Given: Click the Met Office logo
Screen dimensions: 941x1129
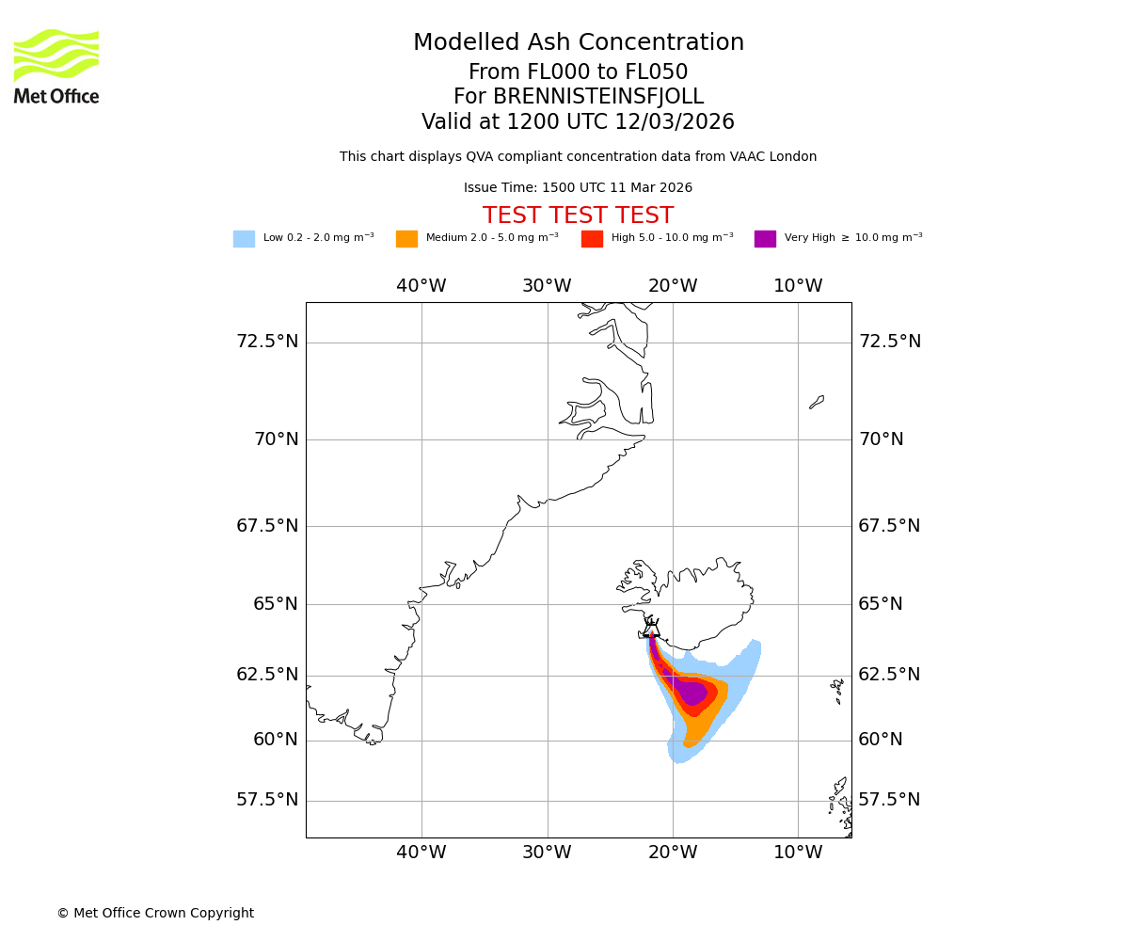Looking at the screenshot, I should [56, 66].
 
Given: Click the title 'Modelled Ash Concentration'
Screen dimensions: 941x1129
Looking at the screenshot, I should [578, 43].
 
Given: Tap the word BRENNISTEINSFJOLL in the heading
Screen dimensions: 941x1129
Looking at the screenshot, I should [598, 97].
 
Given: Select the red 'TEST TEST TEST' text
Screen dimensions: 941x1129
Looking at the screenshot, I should [578, 215].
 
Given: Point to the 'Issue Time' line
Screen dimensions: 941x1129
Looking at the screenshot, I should [578, 188].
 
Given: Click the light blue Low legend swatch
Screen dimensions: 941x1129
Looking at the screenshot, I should [244, 239].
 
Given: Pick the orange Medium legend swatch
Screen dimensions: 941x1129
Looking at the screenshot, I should [406, 239].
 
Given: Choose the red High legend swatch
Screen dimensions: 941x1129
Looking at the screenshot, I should [592, 239].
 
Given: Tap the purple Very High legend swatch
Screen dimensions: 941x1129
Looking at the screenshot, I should [765, 239].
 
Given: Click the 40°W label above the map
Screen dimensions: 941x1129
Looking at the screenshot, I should [421, 286].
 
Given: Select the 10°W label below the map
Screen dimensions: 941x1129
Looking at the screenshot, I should [798, 853].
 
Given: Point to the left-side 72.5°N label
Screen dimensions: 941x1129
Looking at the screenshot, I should [267, 341].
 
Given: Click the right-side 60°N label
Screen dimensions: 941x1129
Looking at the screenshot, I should [881, 740].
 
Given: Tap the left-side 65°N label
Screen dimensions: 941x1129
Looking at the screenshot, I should [275, 603].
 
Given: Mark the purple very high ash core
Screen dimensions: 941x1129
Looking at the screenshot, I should [692, 693].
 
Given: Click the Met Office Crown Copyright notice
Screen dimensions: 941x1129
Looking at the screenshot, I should [155, 913].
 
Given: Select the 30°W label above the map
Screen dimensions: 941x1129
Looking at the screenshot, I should [547, 286].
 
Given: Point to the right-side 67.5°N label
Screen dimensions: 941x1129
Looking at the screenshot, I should [889, 526].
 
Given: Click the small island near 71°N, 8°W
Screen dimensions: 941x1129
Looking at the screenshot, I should [817, 402].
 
